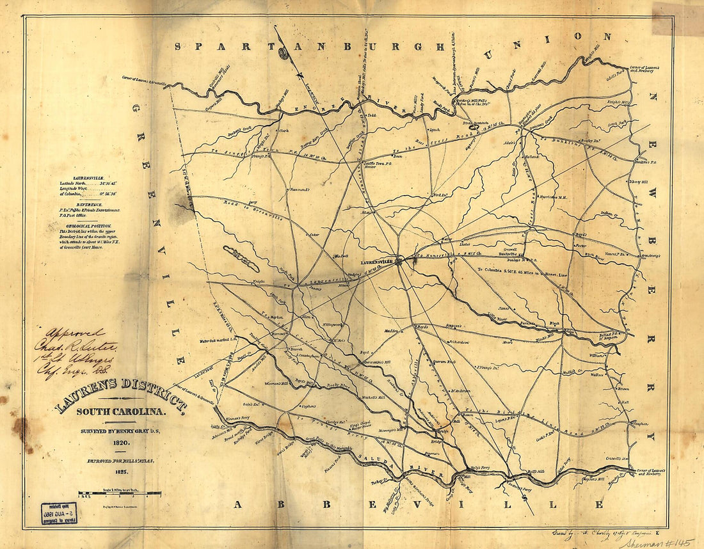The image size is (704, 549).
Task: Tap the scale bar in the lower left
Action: click(x=119, y=493)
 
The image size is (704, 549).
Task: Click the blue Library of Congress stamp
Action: click(x=59, y=514)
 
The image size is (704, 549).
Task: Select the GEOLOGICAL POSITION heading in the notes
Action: click(x=84, y=226)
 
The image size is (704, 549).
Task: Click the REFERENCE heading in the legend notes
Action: click(x=84, y=203)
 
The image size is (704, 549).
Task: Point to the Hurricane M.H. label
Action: click(x=554, y=197)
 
